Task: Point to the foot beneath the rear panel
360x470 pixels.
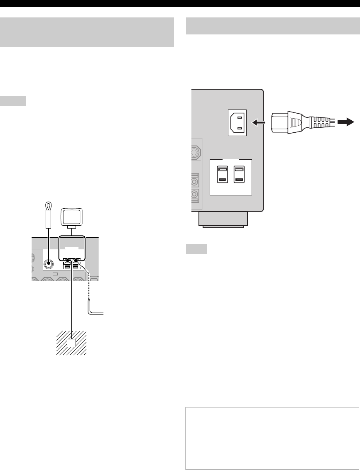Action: (x=223, y=219)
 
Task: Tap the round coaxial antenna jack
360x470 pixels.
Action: (x=49, y=263)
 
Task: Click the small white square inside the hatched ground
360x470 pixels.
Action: (x=72, y=343)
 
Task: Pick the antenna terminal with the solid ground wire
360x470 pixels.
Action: (x=67, y=261)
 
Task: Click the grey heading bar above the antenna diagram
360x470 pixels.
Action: (x=86, y=32)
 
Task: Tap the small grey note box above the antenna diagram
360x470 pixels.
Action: (x=13, y=101)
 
